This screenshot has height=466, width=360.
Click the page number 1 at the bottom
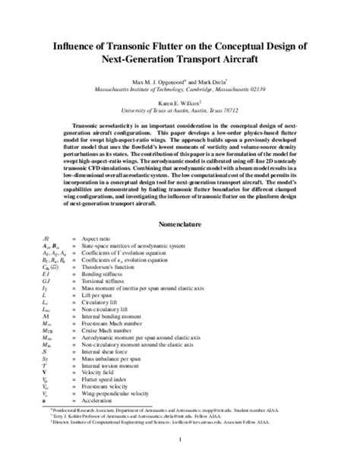[x=180, y=439]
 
